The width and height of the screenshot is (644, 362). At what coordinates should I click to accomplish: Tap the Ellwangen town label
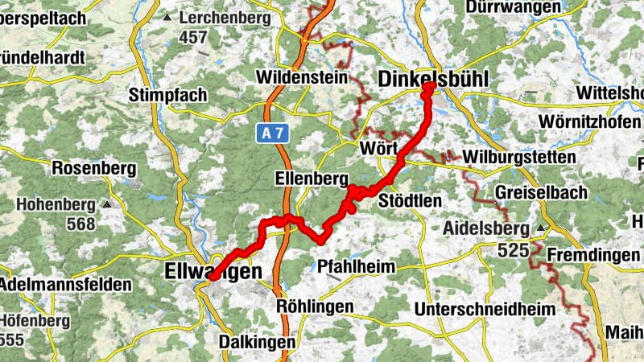point(213,272)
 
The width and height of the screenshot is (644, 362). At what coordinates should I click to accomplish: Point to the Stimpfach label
point(167,95)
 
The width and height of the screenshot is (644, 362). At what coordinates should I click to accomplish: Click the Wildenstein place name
point(302,78)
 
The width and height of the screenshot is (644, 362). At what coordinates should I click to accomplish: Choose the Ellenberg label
point(311,178)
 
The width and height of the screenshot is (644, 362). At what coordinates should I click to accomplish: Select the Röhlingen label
point(315,307)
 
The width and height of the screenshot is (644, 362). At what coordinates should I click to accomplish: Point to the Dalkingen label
point(258,342)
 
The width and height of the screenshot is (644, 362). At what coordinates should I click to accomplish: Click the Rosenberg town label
point(92,169)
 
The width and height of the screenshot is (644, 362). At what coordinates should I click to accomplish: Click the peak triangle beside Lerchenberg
point(167,18)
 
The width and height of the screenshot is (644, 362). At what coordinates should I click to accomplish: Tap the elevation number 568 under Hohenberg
point(80,224)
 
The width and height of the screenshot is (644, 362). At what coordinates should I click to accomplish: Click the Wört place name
point(378,150)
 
